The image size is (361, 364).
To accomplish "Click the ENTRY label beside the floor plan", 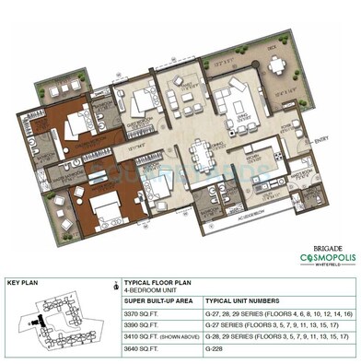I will point(320,140).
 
